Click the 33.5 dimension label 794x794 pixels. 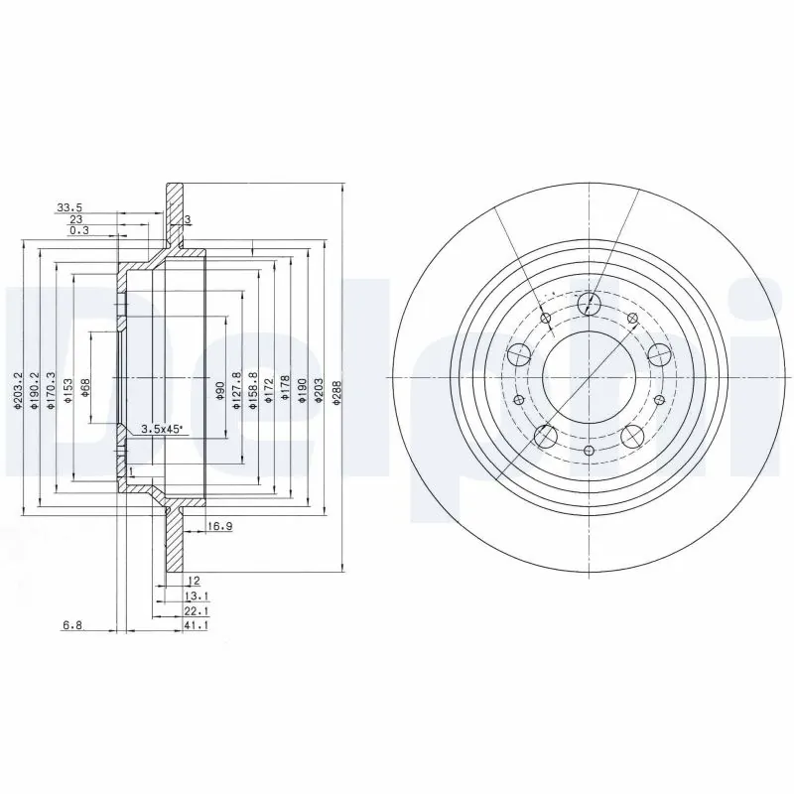[x=69, y=207]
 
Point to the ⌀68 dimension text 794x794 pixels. [x=87, y=387]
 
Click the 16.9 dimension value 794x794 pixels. [x=220, y=526]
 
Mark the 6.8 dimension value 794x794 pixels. [x=72, y=626]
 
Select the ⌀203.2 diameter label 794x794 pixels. [x=18, y=388]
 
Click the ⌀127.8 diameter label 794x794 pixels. [x=236, y=388]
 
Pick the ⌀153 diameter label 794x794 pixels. [x=68, y=388]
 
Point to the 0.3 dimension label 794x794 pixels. [x=78, y=230]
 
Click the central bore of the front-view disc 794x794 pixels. [x=590, y=378]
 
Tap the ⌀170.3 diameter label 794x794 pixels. [x=52, y=388]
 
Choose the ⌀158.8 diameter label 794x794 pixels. [x=252, y=388]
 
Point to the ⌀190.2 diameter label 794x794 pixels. [x=34, y=388]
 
